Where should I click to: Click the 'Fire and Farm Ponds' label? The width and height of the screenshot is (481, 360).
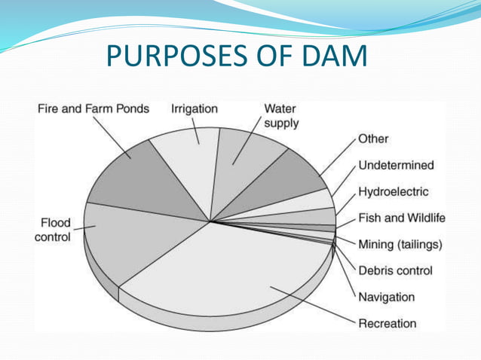pos(93,109)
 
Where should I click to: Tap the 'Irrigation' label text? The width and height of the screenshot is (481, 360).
pos(195,109)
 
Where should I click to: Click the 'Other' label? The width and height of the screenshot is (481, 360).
pos(373,139)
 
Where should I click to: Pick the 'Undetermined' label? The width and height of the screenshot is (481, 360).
pos(396,166)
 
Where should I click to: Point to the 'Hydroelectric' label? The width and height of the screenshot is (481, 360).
pos(393,192)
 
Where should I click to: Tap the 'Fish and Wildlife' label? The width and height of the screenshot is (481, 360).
pos(401,218)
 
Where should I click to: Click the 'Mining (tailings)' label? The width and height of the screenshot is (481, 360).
pos(400,245)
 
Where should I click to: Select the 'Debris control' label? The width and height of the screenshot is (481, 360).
pos(395,270)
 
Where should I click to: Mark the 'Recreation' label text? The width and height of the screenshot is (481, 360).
pos(387,323)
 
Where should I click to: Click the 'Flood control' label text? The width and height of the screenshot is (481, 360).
pos(55,230)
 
